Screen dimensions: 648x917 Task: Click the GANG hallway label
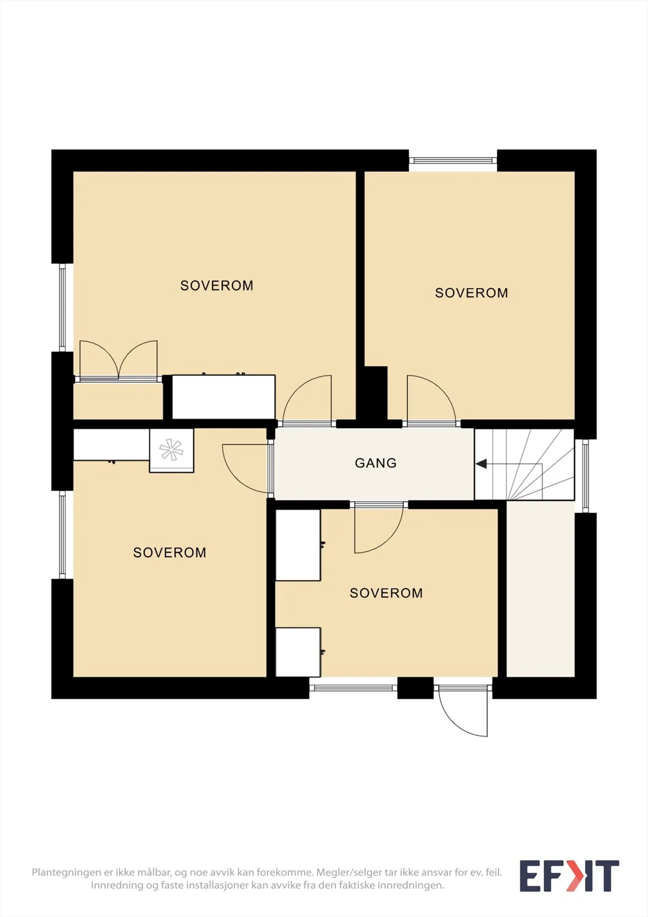(375, 463)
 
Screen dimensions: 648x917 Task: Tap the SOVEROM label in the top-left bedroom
(217, 285)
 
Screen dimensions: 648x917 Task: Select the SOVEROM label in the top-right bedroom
(471, 293)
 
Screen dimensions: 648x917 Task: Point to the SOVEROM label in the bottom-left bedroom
(170, 552)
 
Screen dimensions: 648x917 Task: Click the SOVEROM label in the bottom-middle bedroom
(386, 593)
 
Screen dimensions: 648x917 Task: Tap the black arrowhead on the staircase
(481, 464)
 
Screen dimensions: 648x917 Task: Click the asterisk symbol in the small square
(171, 449)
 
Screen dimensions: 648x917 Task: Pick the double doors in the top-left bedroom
(118, 360)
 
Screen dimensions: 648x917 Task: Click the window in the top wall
(453, 160)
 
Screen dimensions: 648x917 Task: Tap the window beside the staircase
(586, 476)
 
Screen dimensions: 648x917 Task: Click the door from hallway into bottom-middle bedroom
(379, 528)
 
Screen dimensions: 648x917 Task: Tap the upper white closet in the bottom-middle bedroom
(298, 544)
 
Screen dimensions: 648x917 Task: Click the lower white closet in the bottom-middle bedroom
(298, 652)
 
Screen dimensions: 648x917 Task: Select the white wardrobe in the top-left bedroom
(223, 397)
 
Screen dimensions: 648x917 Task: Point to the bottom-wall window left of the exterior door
(354, 688)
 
